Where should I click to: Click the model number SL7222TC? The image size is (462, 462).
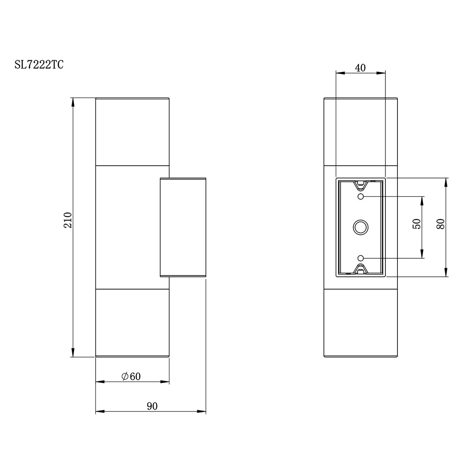(x=39, y=65)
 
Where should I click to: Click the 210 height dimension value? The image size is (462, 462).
(x=68, y=220)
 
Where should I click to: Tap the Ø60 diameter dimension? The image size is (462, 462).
(x=131, y=376)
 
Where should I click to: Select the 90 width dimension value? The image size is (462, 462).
(x=152, y=406)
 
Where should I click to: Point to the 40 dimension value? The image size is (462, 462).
(x=360, y=68)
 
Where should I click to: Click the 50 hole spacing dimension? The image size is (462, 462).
(x=417, y=224)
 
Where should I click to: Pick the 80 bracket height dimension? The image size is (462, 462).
(x=441, y=224)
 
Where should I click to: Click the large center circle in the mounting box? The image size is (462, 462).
(x=360, y=227)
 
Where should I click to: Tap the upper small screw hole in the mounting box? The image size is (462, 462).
(x=360, y=196)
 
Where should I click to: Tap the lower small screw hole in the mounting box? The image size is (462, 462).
(x=360, y=258)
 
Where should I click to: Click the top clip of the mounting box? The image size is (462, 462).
(x=360, y=186)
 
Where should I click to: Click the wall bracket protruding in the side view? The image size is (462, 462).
(x=183, y=227)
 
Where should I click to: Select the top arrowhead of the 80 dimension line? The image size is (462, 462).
(x=446, y=183)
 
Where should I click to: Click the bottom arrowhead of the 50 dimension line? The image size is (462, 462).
(x=422, y=253)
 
